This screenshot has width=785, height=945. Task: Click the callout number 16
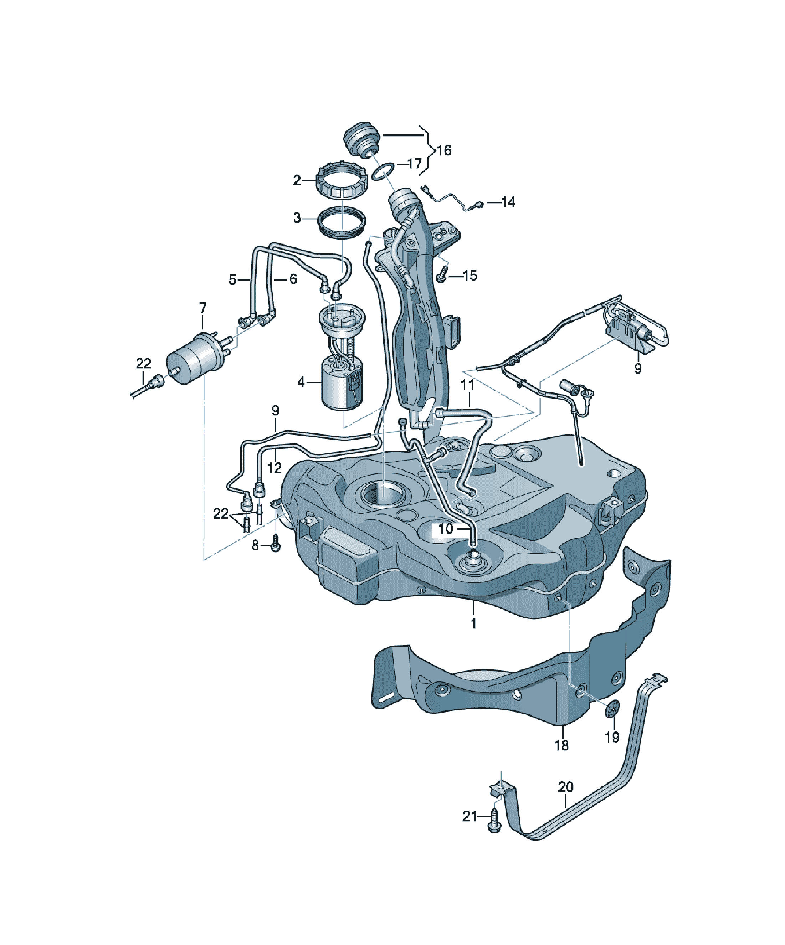click(x=444, y=150)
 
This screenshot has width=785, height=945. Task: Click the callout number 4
click(x=301, y=382)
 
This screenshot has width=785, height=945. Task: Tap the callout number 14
click(x=508, y=202)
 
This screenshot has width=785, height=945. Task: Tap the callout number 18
click(x=561, y=745)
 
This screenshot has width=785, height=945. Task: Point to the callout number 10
click(x=446, y=529)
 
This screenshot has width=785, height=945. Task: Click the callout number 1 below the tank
click(x=473, y=623)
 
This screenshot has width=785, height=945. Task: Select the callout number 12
click(x=275, y=468)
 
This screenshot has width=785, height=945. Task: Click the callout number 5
click(x=232, y=280)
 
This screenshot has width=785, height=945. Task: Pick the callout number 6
click(x=293, y=279)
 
